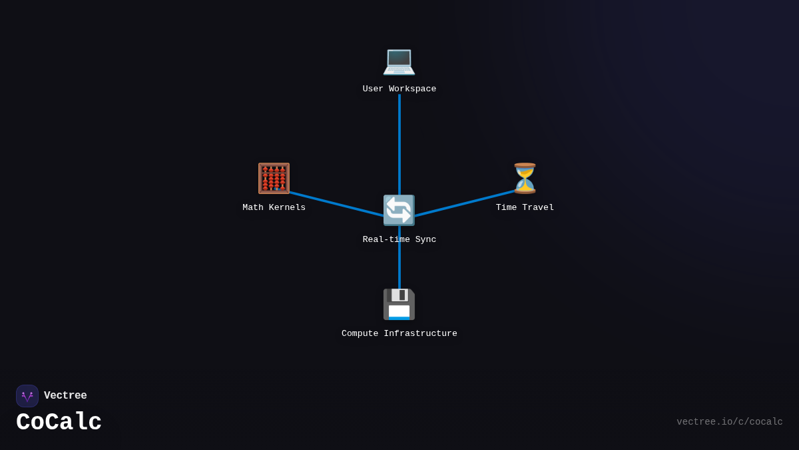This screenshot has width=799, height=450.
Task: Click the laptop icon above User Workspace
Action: [x=399, y=61]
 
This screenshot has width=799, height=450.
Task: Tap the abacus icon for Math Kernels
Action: [x=274, y=179]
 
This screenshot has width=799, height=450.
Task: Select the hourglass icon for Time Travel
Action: [x=525, y=179]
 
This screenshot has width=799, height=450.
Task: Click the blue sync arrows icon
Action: [x=399, y=211]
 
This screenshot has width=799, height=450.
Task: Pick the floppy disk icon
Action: [x=399, y=305]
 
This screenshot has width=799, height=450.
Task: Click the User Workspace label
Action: [x=400, y=89]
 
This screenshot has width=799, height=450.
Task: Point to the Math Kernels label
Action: [x=274, y=208]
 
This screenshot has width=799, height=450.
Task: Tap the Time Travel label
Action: [x=525, y=208]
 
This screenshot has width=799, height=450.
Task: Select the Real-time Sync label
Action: [x=400, y=240]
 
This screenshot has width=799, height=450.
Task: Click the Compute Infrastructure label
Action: [x=400, y=334]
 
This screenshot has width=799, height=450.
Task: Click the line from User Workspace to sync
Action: [x=400, y=143]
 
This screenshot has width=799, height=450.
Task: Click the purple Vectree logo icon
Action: [x=27, y=396]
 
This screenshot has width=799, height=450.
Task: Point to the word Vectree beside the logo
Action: [x=65, y=396]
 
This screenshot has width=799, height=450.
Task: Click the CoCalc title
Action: [x=59, y=423]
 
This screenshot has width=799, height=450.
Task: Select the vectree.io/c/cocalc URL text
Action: [x=729, y=422]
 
